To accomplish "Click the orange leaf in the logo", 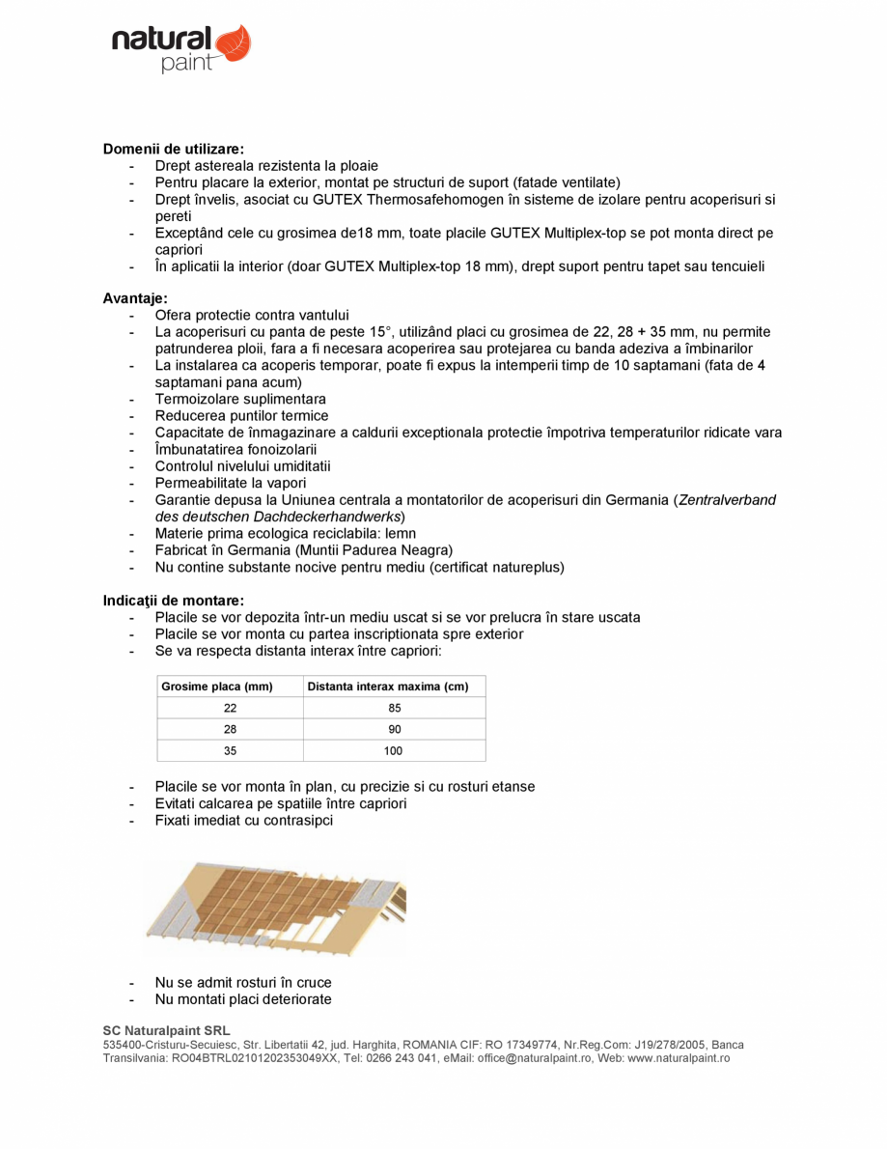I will (233, 43).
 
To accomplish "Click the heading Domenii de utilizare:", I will (173, 150).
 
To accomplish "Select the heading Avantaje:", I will (135, 299).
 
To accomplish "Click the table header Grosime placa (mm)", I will (216, 687).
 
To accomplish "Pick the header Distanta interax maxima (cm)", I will (387, 687).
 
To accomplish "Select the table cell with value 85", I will (394, 709).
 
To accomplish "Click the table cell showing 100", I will (394, 751).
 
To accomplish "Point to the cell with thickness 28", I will (230, 730).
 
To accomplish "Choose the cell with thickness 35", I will (230, 751).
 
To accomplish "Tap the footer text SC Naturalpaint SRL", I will (166, 1031).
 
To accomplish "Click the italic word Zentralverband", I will (727, 500).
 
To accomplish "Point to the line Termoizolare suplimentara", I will (240, 399).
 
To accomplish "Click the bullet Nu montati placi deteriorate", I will (242, 999).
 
